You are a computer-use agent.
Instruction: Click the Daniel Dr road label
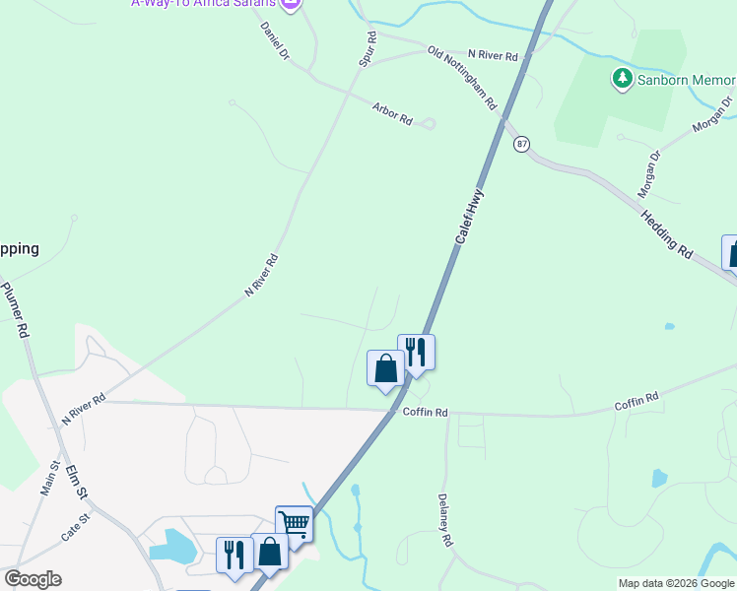pyautogui.click(x=275, y=40)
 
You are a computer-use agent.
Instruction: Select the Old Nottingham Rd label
pyautogui.click(x=462, y=78)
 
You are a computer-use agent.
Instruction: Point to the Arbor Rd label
pyautogui.click(x=391, y=113)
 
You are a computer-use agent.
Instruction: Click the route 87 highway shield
pyautogui.click(x=521, y=144)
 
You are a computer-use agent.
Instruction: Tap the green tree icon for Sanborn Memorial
pyautogui.click(x=622, y=78)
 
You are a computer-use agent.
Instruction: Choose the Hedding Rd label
pyautogui.click(x=666, y=233)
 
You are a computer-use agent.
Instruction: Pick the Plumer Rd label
pyautogui.click(x=17, y=309)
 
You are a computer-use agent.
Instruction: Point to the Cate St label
pyautogui.click(x=76, y=528)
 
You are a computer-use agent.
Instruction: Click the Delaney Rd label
pyautogui.click(x=445, y=520)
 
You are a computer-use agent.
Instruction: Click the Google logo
pyautogui.click(x=33, y=579)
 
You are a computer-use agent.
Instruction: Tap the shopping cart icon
pyautogui.click(x=294, y=523)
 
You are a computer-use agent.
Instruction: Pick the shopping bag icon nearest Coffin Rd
pyautogui.click(x=385, y=369)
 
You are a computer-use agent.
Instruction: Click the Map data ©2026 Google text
pyautogui.click(x=676, y=583)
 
